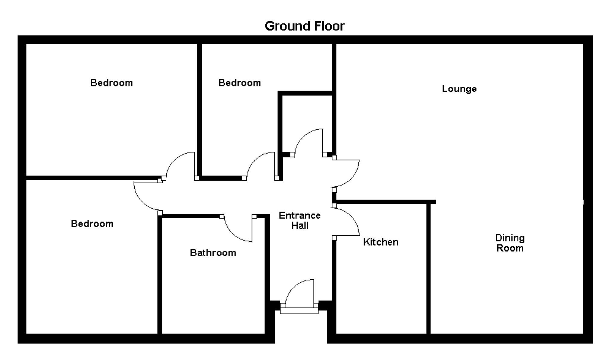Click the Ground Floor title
[x=305, y=26]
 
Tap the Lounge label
[x=459, y=89]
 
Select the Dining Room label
[x=510, y=243]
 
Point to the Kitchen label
[x=380, y=242]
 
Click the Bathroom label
[x=213, y=253]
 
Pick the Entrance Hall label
[x=299, y=220]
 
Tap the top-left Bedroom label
[x=111, y=83]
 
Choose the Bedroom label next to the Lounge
[x=239, y=83]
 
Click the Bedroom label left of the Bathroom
[x=92, y=224]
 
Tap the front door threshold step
[x=299, y=311]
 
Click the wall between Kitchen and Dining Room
[x=428, y=268]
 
